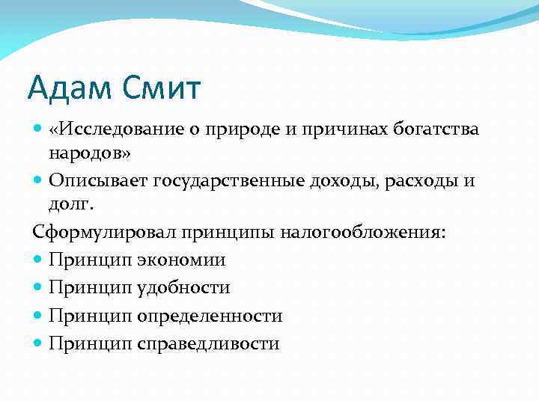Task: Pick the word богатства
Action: point(438,129)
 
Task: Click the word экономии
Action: point(181,260)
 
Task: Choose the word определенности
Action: point(210,316)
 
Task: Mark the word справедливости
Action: point(208,343)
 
